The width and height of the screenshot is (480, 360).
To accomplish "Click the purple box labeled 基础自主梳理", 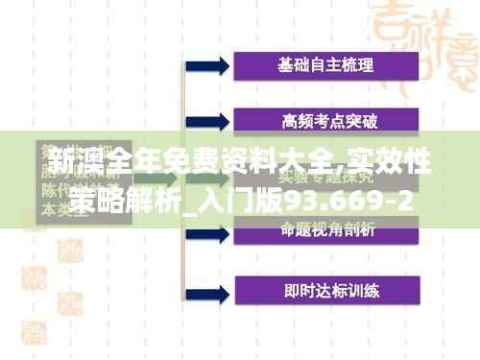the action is (x=325, y=66).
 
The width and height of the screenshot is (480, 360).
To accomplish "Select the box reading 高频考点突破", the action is (x=325, y=121).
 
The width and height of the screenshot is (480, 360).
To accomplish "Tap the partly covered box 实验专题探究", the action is (x=325, y=177).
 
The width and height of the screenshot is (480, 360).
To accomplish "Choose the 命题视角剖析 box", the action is (x=325, y=229).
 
